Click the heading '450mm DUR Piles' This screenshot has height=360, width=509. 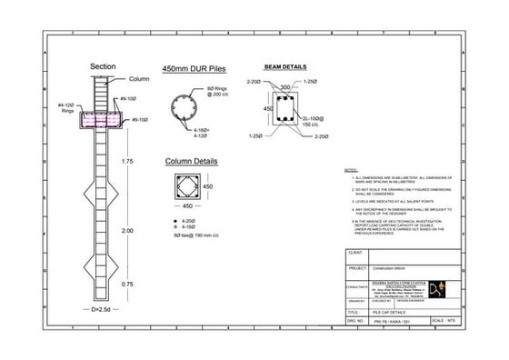[x=193, y=69]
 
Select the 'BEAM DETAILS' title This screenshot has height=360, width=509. [x=284, y=67]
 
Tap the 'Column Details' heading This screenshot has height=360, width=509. [x=191, y=163]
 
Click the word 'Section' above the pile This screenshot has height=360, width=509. [x=102, y=67]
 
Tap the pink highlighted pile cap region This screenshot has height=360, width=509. [x=102, y=119]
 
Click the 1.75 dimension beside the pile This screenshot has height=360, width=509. [x=128, y=161]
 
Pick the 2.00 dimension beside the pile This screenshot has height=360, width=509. [x=128, y=232]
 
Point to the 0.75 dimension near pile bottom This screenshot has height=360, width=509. [x=128, y=284]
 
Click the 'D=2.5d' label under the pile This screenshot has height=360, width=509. [x=103, y=310]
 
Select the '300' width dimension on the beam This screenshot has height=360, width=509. [x=285, y=88]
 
